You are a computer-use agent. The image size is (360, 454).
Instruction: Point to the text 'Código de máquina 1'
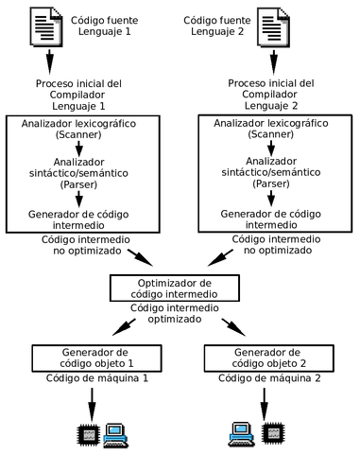coord(87,378)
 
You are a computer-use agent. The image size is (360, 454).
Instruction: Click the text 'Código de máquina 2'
coord(269,378)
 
